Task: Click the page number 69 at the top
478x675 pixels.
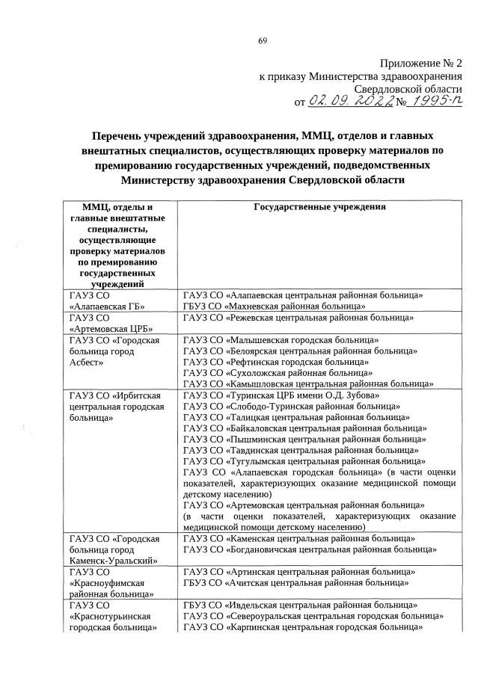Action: [263, 40]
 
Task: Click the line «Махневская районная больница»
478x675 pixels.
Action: [274, 306]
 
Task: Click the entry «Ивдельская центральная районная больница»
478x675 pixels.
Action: [299, 605]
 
